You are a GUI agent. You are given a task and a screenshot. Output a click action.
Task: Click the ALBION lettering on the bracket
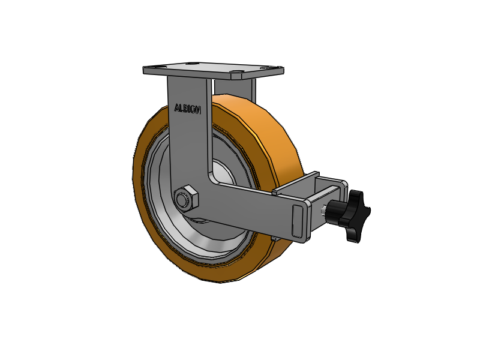point(187,109)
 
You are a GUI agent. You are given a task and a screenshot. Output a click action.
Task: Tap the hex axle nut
point(186,199)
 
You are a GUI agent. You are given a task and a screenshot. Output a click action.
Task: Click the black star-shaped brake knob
point(356,215)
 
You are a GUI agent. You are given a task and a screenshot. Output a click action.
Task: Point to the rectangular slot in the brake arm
point(297,220)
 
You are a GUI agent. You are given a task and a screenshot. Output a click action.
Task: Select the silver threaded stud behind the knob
point(323,210)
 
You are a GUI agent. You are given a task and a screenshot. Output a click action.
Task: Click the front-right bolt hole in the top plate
point(236,73)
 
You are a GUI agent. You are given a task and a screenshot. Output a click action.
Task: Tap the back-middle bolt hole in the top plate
point(192,64)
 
